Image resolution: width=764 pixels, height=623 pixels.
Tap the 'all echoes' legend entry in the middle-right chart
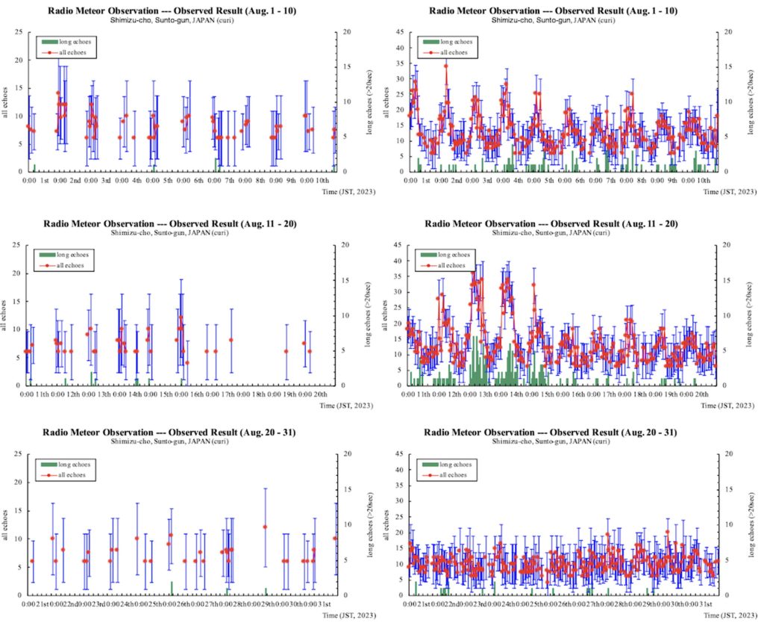[x=451, y=265]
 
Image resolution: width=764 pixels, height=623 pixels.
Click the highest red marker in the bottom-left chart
[x=265, y=527]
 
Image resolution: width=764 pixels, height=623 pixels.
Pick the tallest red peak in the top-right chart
[x=445, y=66]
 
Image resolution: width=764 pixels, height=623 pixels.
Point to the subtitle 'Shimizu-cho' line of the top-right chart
[x=553, y=20]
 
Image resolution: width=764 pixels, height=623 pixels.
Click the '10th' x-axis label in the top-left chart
[x=324, y=181]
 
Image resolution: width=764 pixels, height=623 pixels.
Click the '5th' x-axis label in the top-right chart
[x=548, y=181]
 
